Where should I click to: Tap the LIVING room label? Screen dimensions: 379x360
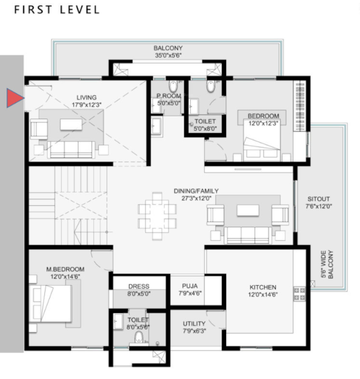[87, 97]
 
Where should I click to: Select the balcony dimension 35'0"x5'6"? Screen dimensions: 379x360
[168, 56]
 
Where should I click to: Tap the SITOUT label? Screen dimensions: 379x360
[319, 198]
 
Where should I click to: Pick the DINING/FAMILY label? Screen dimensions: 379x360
[196, 190]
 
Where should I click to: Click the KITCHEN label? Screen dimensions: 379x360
[263, 287]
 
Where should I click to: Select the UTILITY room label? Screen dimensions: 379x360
[194, 323]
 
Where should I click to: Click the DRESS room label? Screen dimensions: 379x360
[139, 286]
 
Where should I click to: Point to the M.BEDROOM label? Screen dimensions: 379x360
[65, 269]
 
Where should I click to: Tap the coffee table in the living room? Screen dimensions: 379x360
[71, 124]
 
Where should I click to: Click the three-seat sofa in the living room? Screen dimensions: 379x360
[71, 149]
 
